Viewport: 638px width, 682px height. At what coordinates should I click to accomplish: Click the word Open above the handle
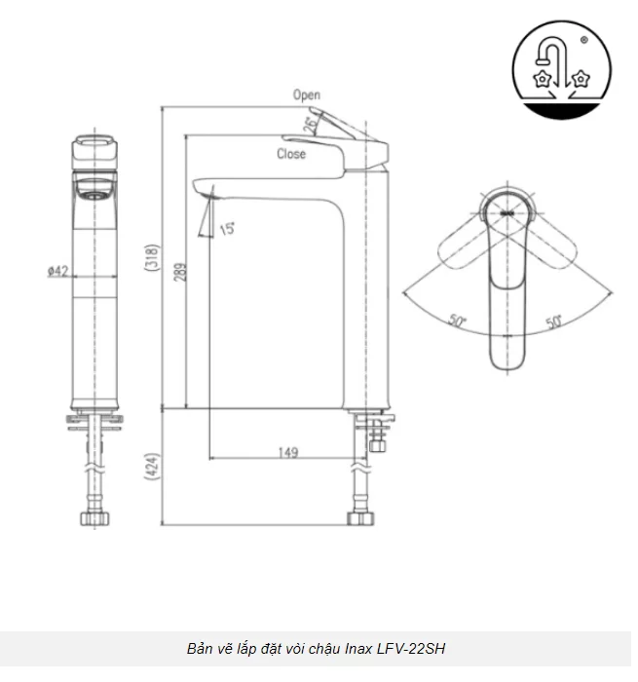[x=307, y=95]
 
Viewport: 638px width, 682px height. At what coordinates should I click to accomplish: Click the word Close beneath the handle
[x=290, y=154]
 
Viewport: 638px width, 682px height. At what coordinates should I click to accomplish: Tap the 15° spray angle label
[x=226, y=229]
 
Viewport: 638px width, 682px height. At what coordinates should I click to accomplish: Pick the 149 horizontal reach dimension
[x=286, y=452]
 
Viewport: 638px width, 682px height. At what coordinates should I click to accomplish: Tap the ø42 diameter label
[x=56, y=272]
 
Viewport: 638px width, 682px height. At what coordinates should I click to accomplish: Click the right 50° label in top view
[x=554, y=321]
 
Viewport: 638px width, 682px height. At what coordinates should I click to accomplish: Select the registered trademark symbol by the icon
[x=582, y=41]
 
